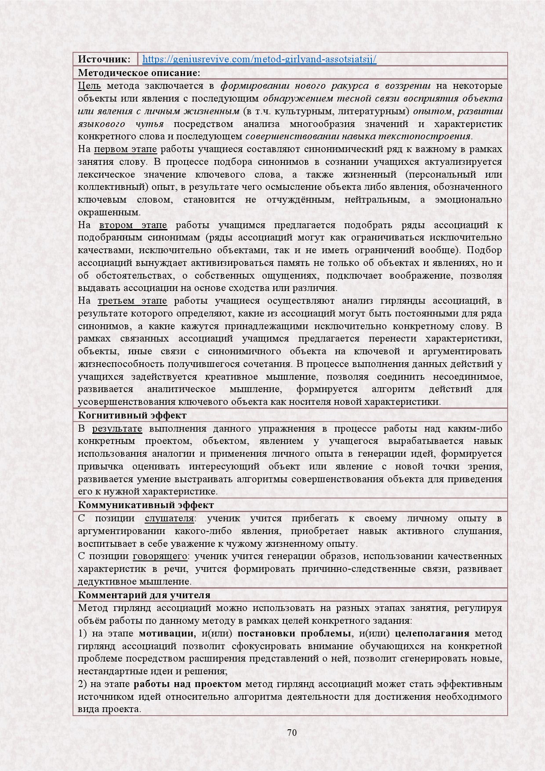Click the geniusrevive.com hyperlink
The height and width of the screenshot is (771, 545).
[x=259, y=59]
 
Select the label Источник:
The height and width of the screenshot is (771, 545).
[x=104, y=59]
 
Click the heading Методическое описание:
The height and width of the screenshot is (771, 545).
[x=139, y=73]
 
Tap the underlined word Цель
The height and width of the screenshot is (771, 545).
[x=89, y=85]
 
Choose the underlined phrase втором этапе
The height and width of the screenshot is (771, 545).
[x=133, y=225]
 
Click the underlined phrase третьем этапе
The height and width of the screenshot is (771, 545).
[x=132, y=301]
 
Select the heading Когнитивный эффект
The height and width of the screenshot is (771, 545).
[x=132, y=415]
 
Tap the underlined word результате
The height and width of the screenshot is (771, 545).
[x=117, y=429]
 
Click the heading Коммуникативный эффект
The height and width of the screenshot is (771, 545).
[x=146, y=505]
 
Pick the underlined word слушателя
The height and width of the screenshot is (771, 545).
[x=169, y=518]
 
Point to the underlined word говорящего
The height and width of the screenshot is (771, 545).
[x=160, y=556]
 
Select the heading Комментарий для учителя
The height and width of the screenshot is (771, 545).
[x=144, y=595]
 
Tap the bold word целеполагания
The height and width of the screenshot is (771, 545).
[x=432, y=633]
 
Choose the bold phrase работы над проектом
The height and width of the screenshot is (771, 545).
[x=188, y=684]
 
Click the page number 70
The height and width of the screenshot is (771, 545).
[x=292, y=732]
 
